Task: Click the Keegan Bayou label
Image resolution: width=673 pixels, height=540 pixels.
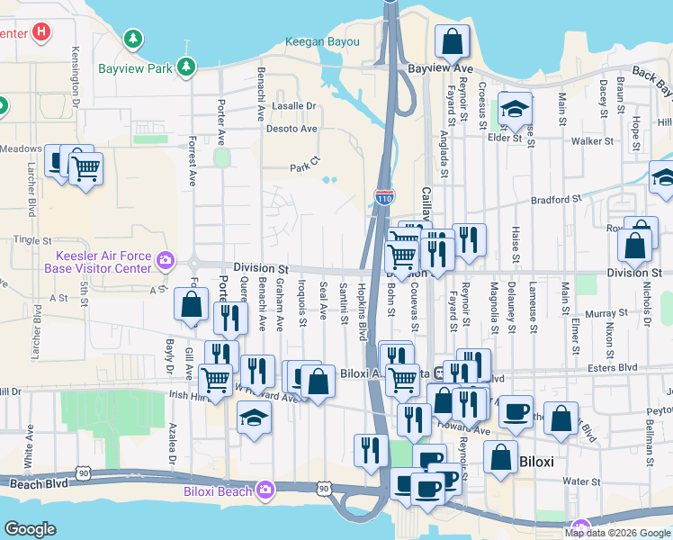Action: pyautogui.click(x=322, y=41)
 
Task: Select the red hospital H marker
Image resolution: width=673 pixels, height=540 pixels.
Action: pyautogui.click(x=40, y=32)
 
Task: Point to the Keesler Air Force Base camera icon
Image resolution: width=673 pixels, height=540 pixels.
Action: pyautogui.click(x=166, y=261)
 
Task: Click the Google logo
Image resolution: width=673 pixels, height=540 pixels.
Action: pyautogui.click(x=31, y=528)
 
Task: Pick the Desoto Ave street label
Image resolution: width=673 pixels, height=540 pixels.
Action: pyautogui.click(x=292, y=129)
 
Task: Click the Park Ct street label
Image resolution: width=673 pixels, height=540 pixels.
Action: pyautogui.click(x=304, y=167)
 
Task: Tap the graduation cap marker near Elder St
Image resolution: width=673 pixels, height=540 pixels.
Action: pyautogui.click(x=516, y=110)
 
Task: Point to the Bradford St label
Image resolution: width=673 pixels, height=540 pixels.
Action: pyautogui.click(x=557, y=200)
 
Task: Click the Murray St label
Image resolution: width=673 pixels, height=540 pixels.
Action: pyautogui.click(x=600, y=314)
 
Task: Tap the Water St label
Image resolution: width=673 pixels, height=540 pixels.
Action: pyautogui.click(x=581, y=482)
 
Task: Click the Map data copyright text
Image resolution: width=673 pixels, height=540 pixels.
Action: pyautogui.click(x=617, y=532)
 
